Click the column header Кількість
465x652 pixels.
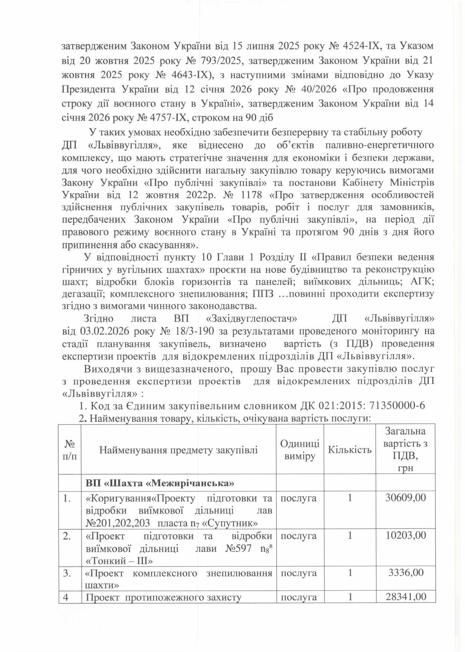(x=350, y=450)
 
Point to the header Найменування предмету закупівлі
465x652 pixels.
(x=178, y=450)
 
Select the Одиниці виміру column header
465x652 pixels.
(x=300, y=450)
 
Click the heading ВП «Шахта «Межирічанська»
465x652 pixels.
(x=160, y=483)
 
